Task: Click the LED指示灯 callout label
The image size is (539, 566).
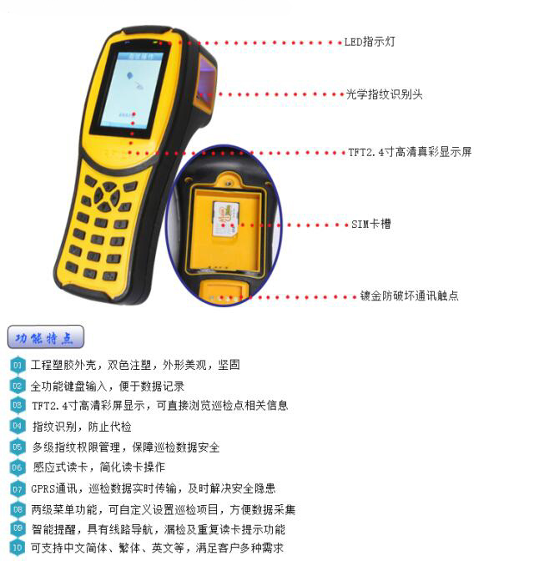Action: (370, 42)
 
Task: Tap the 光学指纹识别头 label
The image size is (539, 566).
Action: (385, 94)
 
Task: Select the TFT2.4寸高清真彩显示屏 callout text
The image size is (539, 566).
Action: (411, 152)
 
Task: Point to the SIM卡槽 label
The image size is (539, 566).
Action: (371, 225)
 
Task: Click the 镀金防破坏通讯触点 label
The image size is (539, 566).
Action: (409, 296)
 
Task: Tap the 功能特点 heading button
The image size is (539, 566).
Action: (46, 337)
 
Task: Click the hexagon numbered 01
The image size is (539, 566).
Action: (18, 366)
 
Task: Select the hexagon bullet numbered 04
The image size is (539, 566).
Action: (18, 426)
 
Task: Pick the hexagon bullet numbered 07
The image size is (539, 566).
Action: (18, 489)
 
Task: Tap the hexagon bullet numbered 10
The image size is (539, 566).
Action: (18, 548)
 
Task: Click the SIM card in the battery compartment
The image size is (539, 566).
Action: (225, 219)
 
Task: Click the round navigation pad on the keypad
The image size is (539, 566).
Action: (107, 197)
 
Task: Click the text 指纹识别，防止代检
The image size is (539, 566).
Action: (82, 427)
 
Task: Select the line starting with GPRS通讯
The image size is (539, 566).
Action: (154, 488)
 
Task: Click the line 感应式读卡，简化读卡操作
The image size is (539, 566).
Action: (98, 467)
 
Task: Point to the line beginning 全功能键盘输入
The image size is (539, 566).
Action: (108, 387)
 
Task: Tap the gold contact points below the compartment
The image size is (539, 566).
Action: (224, 299)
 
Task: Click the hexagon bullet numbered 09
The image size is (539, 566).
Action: (18, 528)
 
